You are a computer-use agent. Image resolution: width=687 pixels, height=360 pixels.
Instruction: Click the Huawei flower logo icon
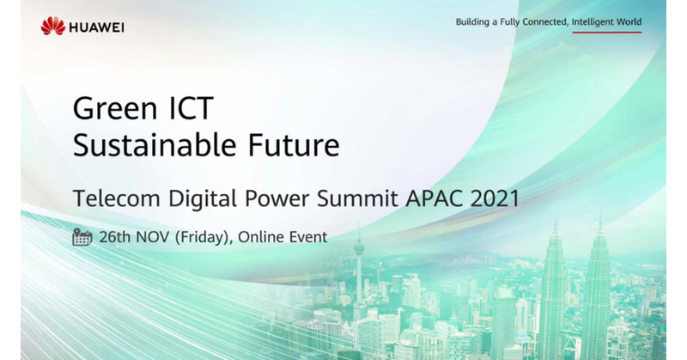[52, 27]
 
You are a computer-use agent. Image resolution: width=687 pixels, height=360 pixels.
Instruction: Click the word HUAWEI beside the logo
[97, 27]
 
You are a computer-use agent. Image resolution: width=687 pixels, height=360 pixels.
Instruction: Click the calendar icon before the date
[82, 236]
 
